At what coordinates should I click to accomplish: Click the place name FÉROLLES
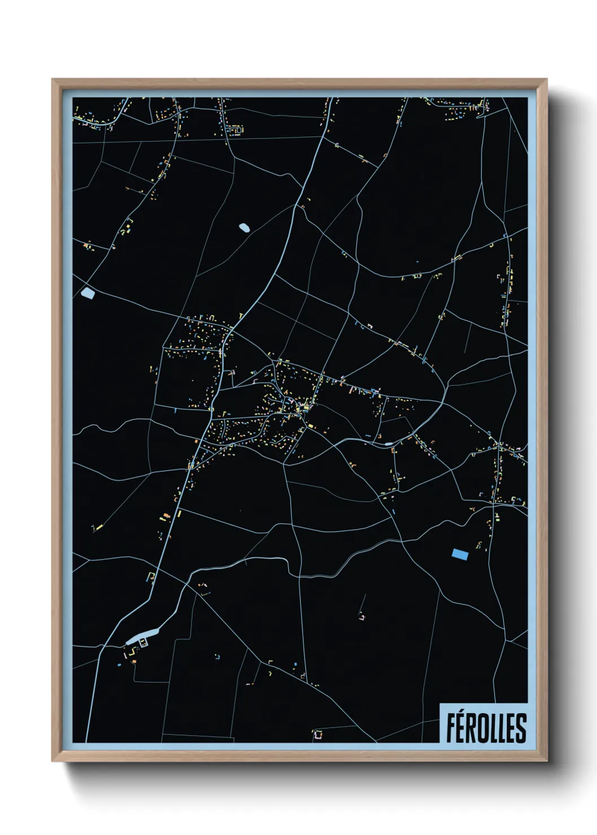click(x=486, y=728)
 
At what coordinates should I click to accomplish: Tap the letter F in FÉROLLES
click(x=451, y=728)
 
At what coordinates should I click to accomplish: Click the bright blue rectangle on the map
click(x=460, y=554)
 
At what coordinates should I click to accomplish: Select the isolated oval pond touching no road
click(x=244, y=227)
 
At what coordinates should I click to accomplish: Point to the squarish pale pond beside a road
click(x=88, y=293)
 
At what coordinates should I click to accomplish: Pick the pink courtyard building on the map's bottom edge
click(x=318, y=734)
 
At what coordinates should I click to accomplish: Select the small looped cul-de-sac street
click(x=235, y=130)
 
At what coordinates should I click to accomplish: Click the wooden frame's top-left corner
click(x=52, y=80)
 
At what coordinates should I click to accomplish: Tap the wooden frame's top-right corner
click(x=546, y=80)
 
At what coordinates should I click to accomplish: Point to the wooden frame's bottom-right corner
click(x=546, y=761)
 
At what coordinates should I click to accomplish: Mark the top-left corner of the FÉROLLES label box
click(x=440, y=704)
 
